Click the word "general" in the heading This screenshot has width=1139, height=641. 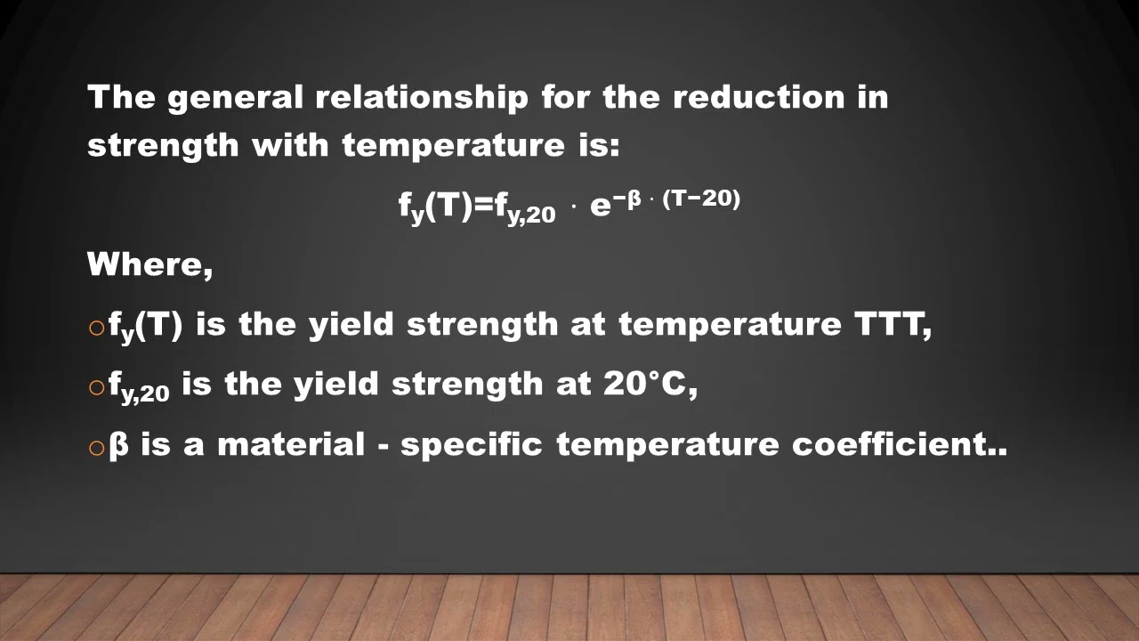click(x=235, y=98)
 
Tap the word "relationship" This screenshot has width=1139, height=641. click(x=422, y=97)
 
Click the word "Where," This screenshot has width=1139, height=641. click(x=149, y=264)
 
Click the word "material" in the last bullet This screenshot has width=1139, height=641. click(x=290, y=443)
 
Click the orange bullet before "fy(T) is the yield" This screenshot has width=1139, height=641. click(x=97, y=329)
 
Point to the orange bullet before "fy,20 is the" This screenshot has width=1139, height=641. click(x=97, y=387)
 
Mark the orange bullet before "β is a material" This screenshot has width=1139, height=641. click(x=97, y=447)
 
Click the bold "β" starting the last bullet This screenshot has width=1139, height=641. click(x=118, y=444)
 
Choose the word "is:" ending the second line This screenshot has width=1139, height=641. click(x=593, y=145)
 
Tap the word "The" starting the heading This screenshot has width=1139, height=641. click(x=121, y=97)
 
